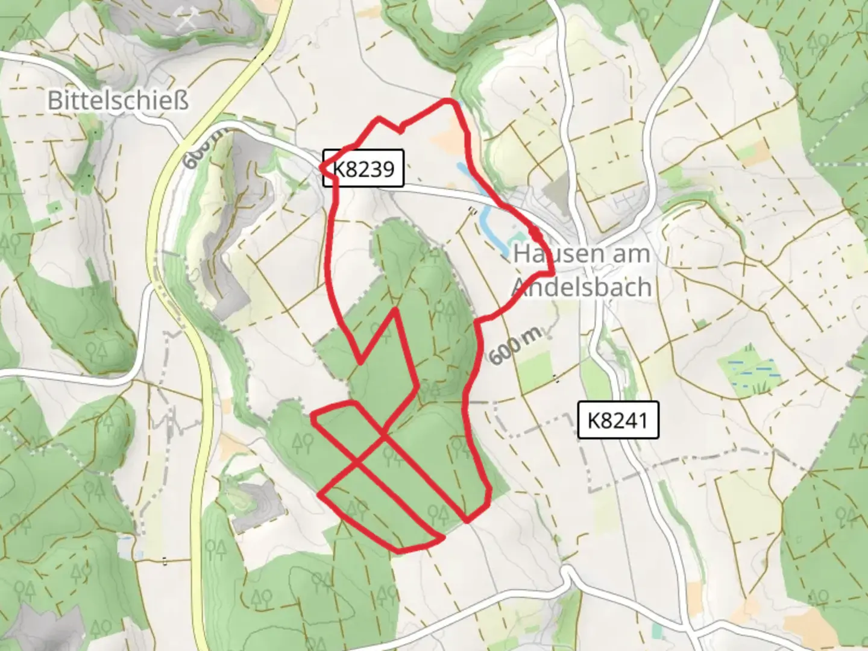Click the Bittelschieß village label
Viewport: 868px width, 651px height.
click(118, 100)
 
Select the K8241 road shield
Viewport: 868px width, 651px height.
click(618, 420)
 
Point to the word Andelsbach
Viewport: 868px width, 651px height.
click(582, 287)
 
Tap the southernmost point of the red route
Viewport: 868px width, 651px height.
click(401, 550)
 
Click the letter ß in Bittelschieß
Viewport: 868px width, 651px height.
click(180, 100)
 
